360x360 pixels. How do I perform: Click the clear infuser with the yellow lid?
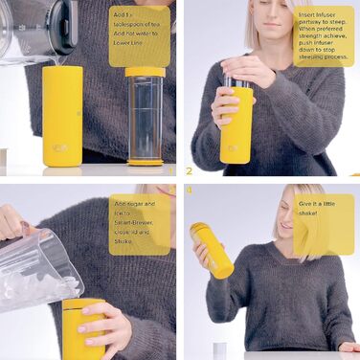pos(146,117)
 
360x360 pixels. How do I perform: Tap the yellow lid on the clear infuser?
pos(146,72)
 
